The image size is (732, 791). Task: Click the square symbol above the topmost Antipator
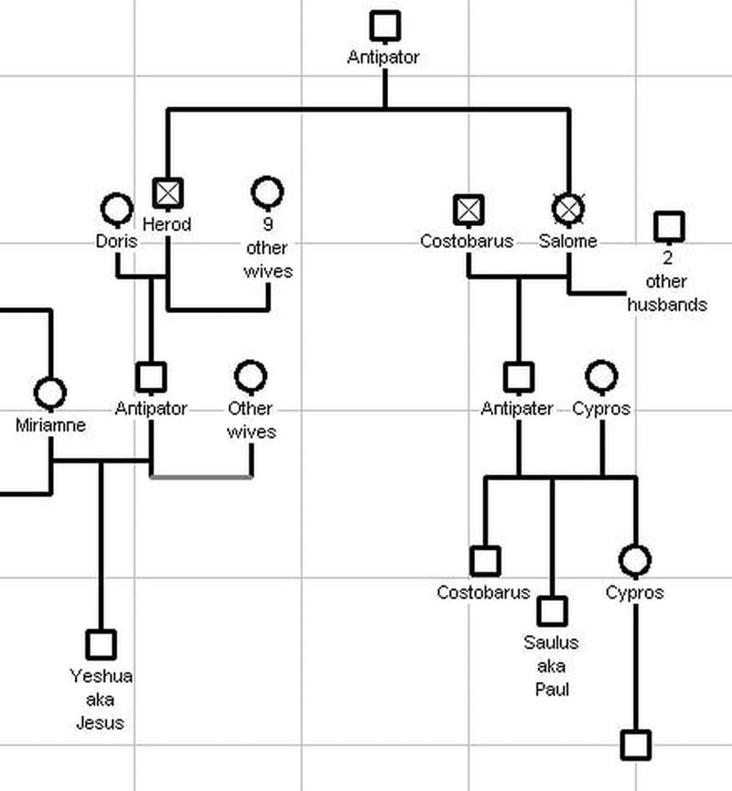point(385,25)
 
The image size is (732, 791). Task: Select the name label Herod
point(167,223)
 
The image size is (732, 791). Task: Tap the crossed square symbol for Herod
point(167,192)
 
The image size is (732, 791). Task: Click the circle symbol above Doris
point(116,209)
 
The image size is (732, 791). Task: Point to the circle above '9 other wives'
point(267,192)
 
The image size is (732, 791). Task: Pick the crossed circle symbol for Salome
point(568,209)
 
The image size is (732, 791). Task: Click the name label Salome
point(567,241)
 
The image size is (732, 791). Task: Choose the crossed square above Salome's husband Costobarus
point(468,209)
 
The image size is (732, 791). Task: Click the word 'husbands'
point(667,304)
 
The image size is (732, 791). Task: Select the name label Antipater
point(517,408)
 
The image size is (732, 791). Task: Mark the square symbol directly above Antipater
point(518,376)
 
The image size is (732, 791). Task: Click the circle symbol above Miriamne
point(49,393)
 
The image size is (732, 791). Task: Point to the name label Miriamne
point(50,425)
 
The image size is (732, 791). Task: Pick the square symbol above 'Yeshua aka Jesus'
point(101,645)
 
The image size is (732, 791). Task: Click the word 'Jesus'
point(101,722)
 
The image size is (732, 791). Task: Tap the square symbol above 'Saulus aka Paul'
point(552,611)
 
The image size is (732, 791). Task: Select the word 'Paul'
point(552,688)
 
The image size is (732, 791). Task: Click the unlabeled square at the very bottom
point(635,744)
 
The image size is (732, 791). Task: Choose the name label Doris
point(116,241)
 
